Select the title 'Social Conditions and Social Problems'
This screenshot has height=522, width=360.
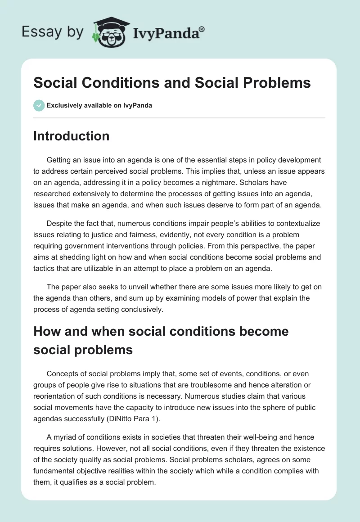tap(172, 83)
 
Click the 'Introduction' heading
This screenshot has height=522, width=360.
tap(71, 136)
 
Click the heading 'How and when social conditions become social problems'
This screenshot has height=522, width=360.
tap(161, 340)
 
